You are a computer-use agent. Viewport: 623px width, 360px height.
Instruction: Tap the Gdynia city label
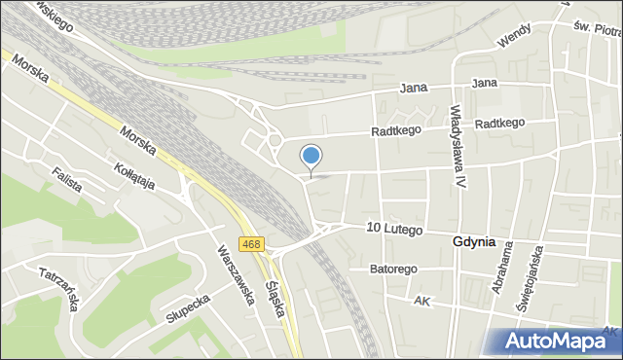pos(474,241)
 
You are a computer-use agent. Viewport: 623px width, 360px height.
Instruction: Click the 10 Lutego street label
pos(394,229)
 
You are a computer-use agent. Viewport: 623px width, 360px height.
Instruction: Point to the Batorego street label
pos(394,269)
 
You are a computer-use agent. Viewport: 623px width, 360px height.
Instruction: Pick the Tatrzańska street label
pos(58,289)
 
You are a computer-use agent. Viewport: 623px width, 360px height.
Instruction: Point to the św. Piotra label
pos(596,31)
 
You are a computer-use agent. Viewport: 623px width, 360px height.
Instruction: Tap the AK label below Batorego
pos(421,303)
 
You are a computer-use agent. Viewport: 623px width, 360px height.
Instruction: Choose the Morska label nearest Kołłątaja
pos(138,143)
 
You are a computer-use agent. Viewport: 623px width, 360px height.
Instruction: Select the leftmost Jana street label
pos(415,89)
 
